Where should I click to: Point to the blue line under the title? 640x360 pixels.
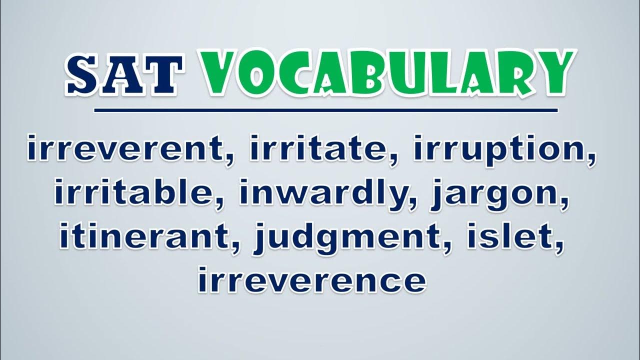[325, 110]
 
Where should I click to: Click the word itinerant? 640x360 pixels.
[145, 236]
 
